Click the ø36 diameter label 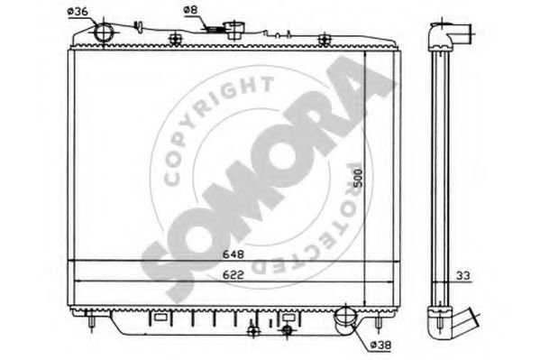(78, 12)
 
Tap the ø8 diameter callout (190, 10)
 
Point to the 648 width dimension (233, 254)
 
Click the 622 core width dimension (233, 275)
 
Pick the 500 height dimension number (358, 178)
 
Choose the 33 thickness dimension (463, 276)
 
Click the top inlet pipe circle (104, 32)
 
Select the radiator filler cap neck (234, 30)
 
